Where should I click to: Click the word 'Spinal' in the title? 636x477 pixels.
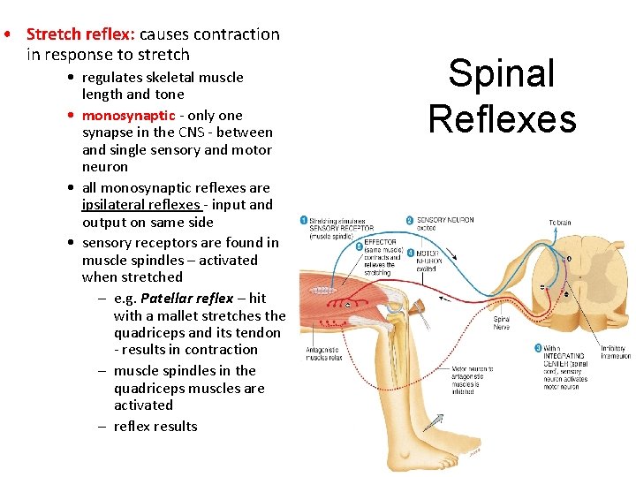click(501, 74)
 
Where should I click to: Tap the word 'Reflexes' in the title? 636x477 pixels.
click(502, 118)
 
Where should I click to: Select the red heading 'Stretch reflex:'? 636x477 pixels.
click(80, 34)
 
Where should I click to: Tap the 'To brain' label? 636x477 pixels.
click(559, 223)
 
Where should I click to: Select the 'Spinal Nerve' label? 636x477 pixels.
click(501, 324)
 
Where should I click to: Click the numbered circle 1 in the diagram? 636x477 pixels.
click(303, 220)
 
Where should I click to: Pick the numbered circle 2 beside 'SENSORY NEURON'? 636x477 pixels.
click(409, 220)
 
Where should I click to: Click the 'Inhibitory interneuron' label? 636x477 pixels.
click(615, 352)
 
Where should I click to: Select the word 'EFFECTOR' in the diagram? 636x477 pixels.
click(381, 242)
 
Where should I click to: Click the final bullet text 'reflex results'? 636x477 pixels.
click(155, 426)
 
